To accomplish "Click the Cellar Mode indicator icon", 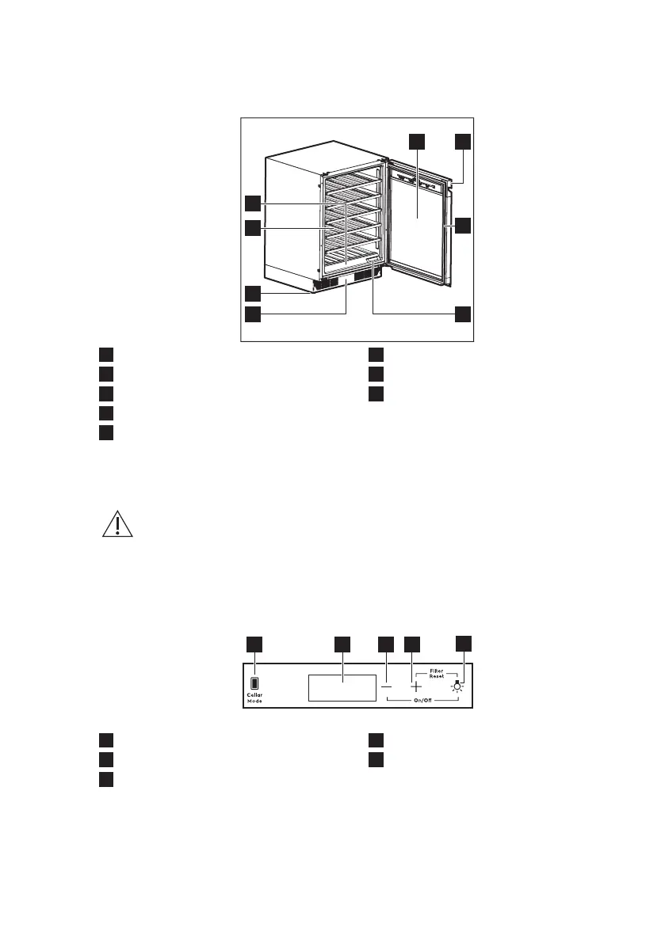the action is point(254,683).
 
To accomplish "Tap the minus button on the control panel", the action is point(386,686).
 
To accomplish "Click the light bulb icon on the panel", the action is point(457,686).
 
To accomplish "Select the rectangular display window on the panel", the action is point(342,687).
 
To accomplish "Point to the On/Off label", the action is point(422,702).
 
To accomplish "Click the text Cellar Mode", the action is point(254,698).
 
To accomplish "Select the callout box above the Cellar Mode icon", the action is point(254,644).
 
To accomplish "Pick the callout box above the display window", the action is point(342,644).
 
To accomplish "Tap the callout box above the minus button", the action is point(386,644).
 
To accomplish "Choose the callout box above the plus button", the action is point(412,644).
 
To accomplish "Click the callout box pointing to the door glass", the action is point(417,142).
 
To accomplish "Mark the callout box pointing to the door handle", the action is point(463,226).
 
